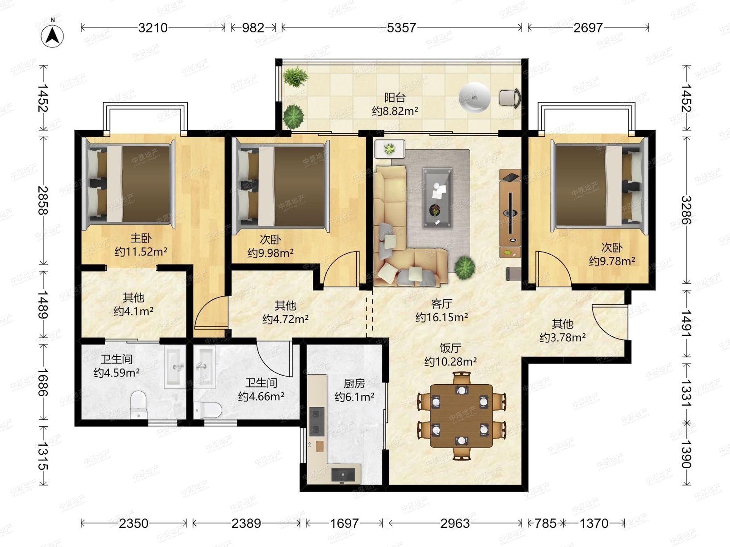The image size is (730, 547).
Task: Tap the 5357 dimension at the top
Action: pyautogui.click(x=401, y=28)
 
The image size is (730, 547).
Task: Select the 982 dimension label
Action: pyautogui.click(x=253, y=28)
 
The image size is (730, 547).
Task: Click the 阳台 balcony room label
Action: pyautogui.click(x=395, y=98)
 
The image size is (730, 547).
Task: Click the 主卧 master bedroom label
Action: pyautogui.click(x=141, y=238)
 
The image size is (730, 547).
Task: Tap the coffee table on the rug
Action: pyautogui.click(x=438, y=198)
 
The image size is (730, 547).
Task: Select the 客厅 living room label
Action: pyautogui.click(x=442, y=304)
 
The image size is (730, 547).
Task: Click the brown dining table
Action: pyautogui.click(x=461, y=415)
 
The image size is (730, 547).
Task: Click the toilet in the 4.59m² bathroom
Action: pyautogui.click(x=138, y=404)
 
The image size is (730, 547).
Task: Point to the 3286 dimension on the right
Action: pyautogui.click(x=687, y=210)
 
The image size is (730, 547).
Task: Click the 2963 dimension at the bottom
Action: pyautogui.click(x=455, y=523)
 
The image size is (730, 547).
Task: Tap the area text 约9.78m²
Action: pyautogui.click(x=612, y=261)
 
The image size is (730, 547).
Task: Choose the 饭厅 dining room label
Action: pyautogui.click(x=450, y=348)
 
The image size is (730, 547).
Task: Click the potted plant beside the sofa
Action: pyautogui.click(x=465, y=268)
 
